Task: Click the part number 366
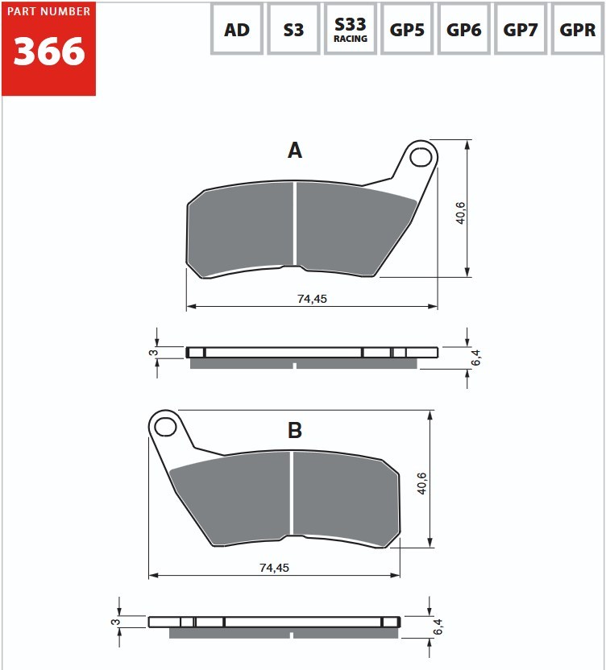pyautogui.click(x=49, y=52)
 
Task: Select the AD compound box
pyautogui.click(x=237, y=29)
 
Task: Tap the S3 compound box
pyautogui.click(x=293, y=29)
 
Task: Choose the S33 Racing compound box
pyautogui.click(x=351, y=29)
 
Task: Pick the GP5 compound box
pyautogui.click(x=407, y=29)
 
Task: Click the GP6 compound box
pyautogui.click(x=463, y=29)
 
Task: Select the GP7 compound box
pyautogui.click(x=521, y=29)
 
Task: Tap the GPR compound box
pyautogui.click(x=577, y=29)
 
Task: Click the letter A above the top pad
pyautogui.click(x=295, y=151)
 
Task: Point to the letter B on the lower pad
pyautogui.click(x=295, y=430)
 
